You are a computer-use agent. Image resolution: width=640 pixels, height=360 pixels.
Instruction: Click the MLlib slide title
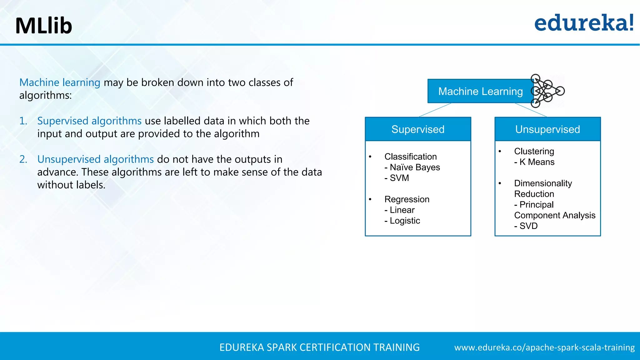pyautogui.click(x=44, y=26)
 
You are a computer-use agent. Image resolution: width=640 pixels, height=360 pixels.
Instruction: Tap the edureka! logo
pyautogui.click(x=584, y=23)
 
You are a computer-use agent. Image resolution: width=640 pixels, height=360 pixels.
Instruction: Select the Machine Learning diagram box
pyautogui.click(x=480, y=91)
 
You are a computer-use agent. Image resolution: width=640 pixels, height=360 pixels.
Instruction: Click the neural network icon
pyautogui.click(x=547, y=91)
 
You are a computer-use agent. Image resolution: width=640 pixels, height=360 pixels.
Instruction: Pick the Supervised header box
pyautogui.click(x=418, y=129)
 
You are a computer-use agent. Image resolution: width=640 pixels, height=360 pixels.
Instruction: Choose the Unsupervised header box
pyautogui.click(x=547, y=129)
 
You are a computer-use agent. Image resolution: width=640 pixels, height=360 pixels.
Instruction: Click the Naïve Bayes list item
pyautogui.click(x=412, y=167)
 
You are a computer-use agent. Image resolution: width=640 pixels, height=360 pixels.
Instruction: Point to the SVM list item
pyautogui.click(x=397, y=178)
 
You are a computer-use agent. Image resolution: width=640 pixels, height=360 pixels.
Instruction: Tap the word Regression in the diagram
pyautogui.click(x=407, y=199)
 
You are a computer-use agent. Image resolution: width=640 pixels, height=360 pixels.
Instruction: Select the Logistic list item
pyautogui.click(x=402, y=221)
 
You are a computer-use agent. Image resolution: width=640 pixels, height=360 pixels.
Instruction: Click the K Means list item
pyautogui.click(x=535, y=162)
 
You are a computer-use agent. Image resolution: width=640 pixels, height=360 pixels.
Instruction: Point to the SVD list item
pyautogui.click(x=526, y=226)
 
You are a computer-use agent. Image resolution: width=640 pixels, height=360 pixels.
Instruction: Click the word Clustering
pyautogui.click(x=534, y=151)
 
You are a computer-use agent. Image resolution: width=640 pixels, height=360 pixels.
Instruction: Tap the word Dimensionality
pyautogui.click(x=543, y=183)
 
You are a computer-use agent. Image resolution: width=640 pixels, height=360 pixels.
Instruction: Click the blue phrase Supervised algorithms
pyautogui.click(x=89, y=121)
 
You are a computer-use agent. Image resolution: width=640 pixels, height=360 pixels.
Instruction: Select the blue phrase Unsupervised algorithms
pyautogui.click(x=95, y=159)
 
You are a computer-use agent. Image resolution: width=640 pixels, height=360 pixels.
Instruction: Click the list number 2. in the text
pyautogui.click(x=23, y=159)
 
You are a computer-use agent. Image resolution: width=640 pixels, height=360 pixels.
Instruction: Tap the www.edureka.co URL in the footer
pyautogui.click(x=544, y=347)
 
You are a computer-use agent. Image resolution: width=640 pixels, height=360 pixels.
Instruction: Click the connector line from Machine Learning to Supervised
pyautogui.click(x=435, y=110)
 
